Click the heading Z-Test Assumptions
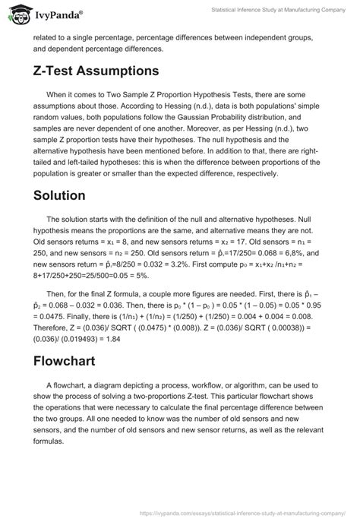click(96, 70)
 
